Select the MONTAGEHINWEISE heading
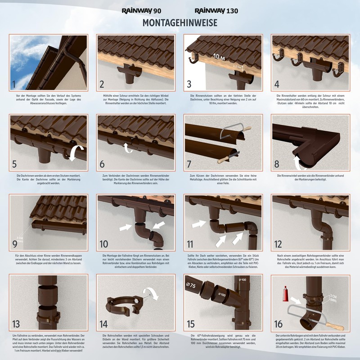[180, 22]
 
